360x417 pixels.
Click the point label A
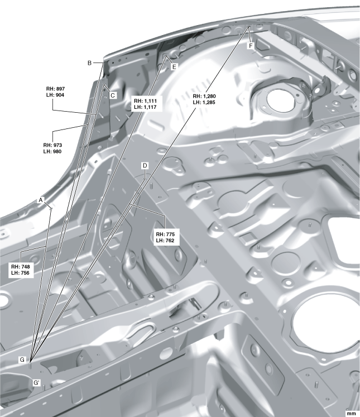pos(41,200)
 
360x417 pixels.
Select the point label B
pos(90,63)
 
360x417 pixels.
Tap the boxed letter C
pos(113,95)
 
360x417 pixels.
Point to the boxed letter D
pos(145,166)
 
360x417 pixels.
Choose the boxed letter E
pos(174,67)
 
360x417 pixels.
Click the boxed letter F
pos(251,46)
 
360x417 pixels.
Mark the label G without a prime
pos(22,360)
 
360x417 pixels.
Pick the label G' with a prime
pos(36,383)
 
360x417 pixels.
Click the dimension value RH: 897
pos(55,89)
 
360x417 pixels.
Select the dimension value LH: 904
pos(55,95)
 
